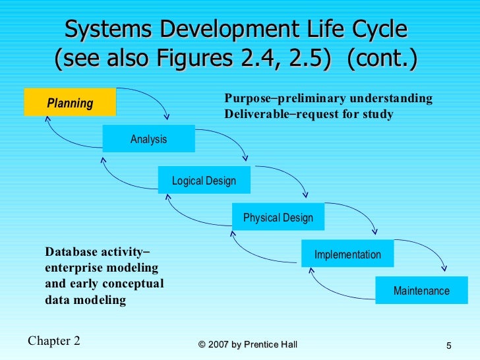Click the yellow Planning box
(70, 103)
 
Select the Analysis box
(148, 139)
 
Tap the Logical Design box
(204, 181)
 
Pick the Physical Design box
(278, 218)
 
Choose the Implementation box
(347, 255)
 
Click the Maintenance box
(421, 291)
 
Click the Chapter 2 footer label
(54, 341)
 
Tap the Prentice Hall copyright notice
(247, 345)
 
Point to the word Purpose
(247, 99)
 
